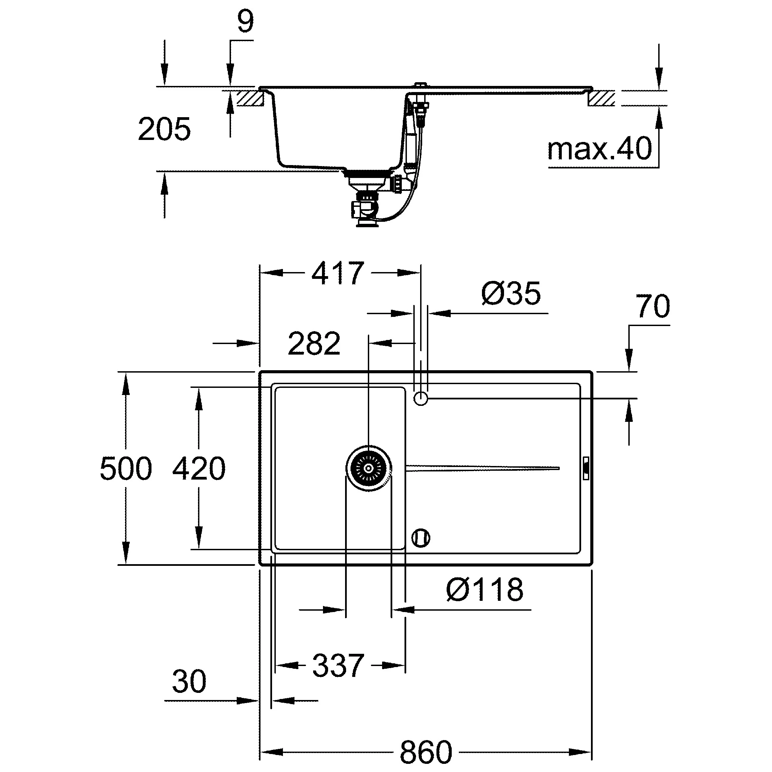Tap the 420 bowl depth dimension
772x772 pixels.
[199, 468]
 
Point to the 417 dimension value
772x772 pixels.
[338, 273]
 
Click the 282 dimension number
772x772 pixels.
[314, 343]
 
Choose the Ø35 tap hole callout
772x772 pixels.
[511, 293]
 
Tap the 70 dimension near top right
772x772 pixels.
[652, 306]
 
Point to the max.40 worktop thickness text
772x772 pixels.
[599, 149]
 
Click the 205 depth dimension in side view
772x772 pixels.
[164, 129]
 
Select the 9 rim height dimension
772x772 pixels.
[245, 22]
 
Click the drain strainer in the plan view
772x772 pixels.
[369, 468]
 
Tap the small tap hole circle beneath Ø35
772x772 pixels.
[420, 398]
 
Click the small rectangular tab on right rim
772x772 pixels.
[586, 468]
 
